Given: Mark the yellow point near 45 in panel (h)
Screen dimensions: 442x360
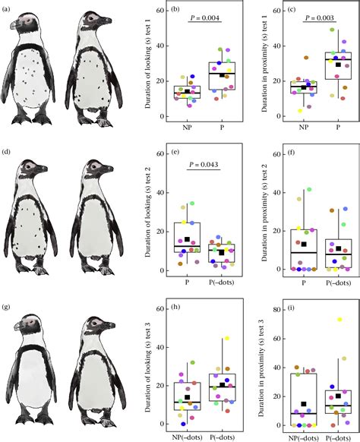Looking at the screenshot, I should pyautogui.click(x=226, y=339).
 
